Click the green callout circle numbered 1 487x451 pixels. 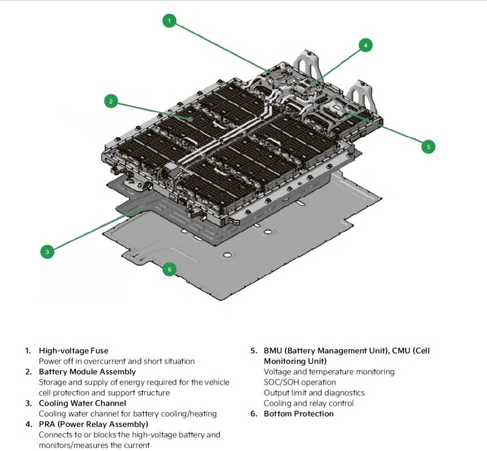tap(169, 21)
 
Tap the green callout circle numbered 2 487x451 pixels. tap(111, 101)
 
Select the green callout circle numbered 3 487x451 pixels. tap(47, 252)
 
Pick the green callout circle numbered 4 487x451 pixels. tap(365, 46)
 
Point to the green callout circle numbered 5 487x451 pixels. tap(428, 147)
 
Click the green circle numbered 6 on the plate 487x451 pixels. tap(169, 270)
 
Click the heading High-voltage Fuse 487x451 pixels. tap(73, 351)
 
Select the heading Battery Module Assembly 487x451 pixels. tap(87, 372)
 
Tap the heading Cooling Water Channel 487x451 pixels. tap(82, 403)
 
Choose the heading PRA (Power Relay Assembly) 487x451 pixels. tap(93, 424)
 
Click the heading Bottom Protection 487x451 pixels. tap(299, 413)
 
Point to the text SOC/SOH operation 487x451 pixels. tap(300, 382)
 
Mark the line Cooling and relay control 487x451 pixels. tap(309, 403)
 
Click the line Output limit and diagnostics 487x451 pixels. tap(314, 393)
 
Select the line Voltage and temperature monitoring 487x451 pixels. tap(329, 372)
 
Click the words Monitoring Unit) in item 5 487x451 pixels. tap(295, 361)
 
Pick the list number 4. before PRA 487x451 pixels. tap(29, 424)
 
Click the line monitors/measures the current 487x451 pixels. tap(94, 445)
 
